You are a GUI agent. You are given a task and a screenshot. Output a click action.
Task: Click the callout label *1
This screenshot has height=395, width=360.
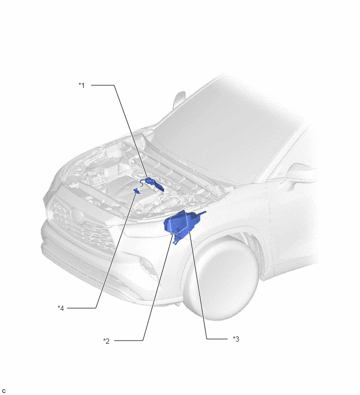click(x=82, y=85)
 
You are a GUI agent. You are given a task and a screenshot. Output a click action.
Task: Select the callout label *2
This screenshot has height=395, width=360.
click(x=106, y=341)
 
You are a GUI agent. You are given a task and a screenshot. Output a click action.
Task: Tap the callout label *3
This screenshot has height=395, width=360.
click(x=236, y=339)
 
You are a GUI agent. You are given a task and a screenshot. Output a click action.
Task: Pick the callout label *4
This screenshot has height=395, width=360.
click(x=61, y=308)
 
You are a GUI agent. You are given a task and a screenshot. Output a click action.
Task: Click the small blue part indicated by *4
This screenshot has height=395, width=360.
click(x=137, y=190)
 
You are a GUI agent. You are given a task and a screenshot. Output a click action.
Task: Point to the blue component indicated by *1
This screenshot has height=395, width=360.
click(x=154, y=183)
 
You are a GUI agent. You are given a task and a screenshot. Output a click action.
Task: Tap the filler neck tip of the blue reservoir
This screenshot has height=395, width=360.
click(x=204, y=213)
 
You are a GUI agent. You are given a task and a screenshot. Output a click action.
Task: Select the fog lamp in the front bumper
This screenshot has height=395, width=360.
click(x=147, y=266)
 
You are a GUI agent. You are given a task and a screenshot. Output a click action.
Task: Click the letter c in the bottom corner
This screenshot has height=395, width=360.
click(x=4, y=391)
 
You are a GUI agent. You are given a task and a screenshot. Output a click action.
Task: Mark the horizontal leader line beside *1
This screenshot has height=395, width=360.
click(x=103, y=85)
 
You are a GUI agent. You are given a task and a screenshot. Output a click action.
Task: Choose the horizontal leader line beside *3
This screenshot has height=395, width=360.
click(x=217, y=339)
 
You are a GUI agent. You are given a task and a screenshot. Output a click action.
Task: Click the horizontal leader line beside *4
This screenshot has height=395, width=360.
click(x=82, y=308)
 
